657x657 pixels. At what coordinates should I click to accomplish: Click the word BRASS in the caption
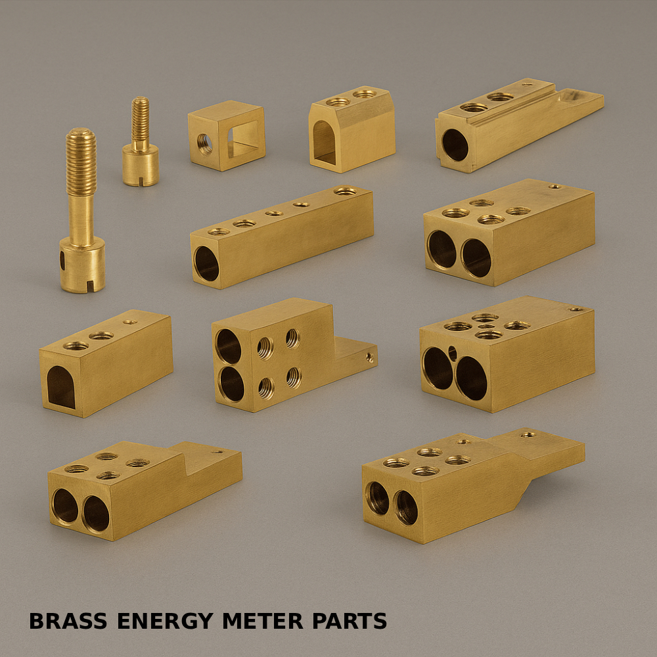[68, 621]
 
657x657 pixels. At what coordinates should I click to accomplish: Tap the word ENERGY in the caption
[165, 621]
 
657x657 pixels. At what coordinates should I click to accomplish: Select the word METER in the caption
[263, 621]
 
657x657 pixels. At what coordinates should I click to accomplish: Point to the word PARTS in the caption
[350, 621]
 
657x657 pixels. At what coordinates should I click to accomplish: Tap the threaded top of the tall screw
[81, 162]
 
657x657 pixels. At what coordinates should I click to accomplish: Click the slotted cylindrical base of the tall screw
[82, 265]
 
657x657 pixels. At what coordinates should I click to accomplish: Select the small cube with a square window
[227, 135]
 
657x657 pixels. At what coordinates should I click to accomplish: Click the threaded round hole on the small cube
[204, 144]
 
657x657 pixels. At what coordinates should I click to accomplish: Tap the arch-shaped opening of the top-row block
[325, 143]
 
